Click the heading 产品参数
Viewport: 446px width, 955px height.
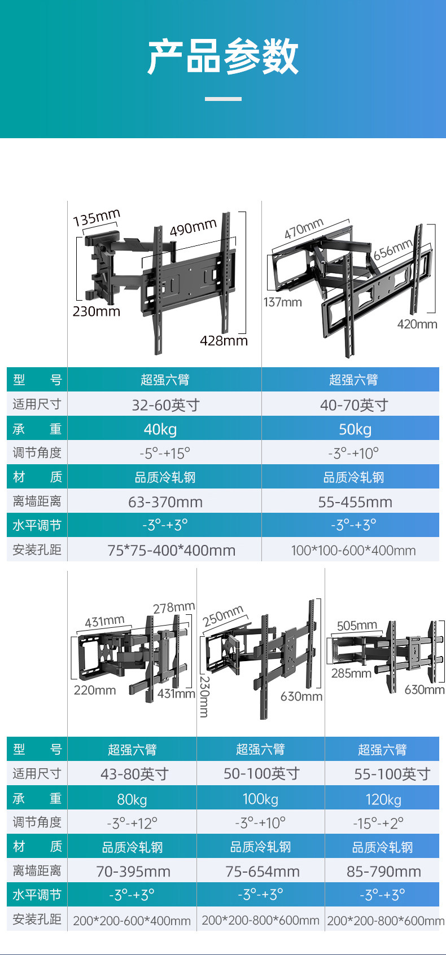223,56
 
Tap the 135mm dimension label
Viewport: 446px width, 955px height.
97,217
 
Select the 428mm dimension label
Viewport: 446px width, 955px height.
224,341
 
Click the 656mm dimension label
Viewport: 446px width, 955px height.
393,249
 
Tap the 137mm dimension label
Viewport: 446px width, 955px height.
282,302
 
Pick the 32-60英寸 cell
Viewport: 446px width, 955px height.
165,405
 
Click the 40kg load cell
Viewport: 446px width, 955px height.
160,429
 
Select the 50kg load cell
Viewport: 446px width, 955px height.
355,429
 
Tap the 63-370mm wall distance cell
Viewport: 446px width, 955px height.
165,502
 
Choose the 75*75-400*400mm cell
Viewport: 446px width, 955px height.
171,551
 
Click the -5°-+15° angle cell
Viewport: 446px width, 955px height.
165,454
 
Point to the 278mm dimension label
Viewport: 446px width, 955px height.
174,608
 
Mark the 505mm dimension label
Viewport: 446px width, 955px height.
357,626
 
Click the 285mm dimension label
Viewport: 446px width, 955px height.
351,673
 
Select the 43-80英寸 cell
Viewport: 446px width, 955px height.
134,774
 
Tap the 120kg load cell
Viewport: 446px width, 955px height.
383,799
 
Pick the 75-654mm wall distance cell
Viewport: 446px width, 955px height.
263,872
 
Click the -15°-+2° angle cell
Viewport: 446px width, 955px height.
378,824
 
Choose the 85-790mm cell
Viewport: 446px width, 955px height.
383,872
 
